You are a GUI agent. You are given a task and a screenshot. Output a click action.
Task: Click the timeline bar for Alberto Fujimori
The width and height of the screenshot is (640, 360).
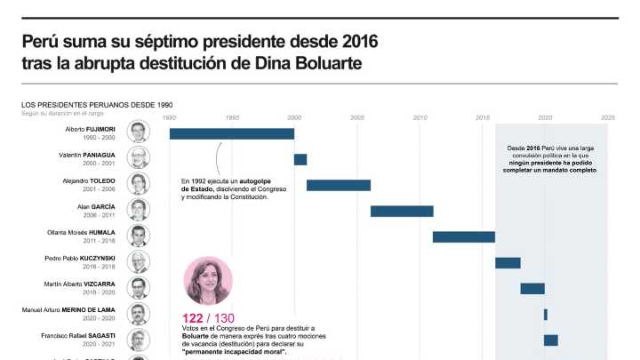point(231,133)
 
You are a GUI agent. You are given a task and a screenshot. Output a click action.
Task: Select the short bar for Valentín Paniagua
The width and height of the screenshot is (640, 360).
point(300,159)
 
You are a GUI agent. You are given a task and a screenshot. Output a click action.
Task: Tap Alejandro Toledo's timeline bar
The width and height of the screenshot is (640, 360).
point(338,185)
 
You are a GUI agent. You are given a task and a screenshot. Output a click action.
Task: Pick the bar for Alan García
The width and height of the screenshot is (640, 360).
point(402,211)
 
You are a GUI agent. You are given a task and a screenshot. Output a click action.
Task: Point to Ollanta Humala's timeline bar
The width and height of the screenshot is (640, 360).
point(464,236)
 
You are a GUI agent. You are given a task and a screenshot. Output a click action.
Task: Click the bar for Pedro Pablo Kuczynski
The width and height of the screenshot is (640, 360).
point(508,262)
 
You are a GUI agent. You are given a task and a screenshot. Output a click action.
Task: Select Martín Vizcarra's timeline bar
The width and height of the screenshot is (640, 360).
point(532,288)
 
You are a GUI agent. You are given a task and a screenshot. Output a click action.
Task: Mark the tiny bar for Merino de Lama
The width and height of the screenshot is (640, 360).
point(546,314)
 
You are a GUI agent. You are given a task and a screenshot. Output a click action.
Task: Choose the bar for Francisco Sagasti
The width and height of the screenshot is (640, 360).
point(551,340)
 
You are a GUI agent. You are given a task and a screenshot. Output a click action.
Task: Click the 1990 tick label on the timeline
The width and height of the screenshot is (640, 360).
point(170,117)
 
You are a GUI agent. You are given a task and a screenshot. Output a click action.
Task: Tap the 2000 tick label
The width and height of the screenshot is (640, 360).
point(295,117)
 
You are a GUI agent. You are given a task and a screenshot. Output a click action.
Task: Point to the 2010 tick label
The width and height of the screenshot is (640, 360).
point(420,117)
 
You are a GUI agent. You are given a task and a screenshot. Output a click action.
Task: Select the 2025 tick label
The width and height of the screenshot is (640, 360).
point(608,117)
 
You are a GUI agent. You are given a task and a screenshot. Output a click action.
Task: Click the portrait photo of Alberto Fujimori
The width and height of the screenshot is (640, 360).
point(138,132)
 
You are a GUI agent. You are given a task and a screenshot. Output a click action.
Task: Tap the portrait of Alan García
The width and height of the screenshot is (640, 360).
point(138,210)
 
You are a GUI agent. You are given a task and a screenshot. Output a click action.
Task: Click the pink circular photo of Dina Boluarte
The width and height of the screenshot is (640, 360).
point(208,281)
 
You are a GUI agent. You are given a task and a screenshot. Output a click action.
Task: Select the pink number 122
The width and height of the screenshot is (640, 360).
point(194,318)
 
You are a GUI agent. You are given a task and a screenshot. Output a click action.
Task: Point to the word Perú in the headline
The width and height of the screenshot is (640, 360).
point(43,42)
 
